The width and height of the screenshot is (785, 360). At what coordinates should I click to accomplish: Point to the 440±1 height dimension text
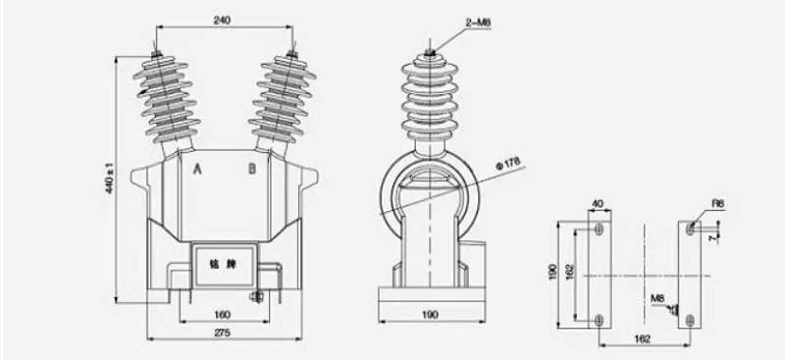[110, 178]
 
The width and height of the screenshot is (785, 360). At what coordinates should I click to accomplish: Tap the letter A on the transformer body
[197, 170]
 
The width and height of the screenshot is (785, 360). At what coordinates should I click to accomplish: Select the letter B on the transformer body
[252, 170]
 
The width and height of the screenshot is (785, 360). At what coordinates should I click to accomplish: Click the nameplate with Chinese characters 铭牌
[222, 265]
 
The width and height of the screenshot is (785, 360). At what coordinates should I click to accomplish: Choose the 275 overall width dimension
[225, 334]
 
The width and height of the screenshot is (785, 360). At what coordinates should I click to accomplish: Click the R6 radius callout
[719, 204]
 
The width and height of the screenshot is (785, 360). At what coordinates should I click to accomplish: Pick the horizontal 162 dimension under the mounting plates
[644, 338]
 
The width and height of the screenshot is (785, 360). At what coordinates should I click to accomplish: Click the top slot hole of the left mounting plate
[599, 230]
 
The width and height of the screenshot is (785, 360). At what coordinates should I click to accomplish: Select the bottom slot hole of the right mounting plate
[691, 319]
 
